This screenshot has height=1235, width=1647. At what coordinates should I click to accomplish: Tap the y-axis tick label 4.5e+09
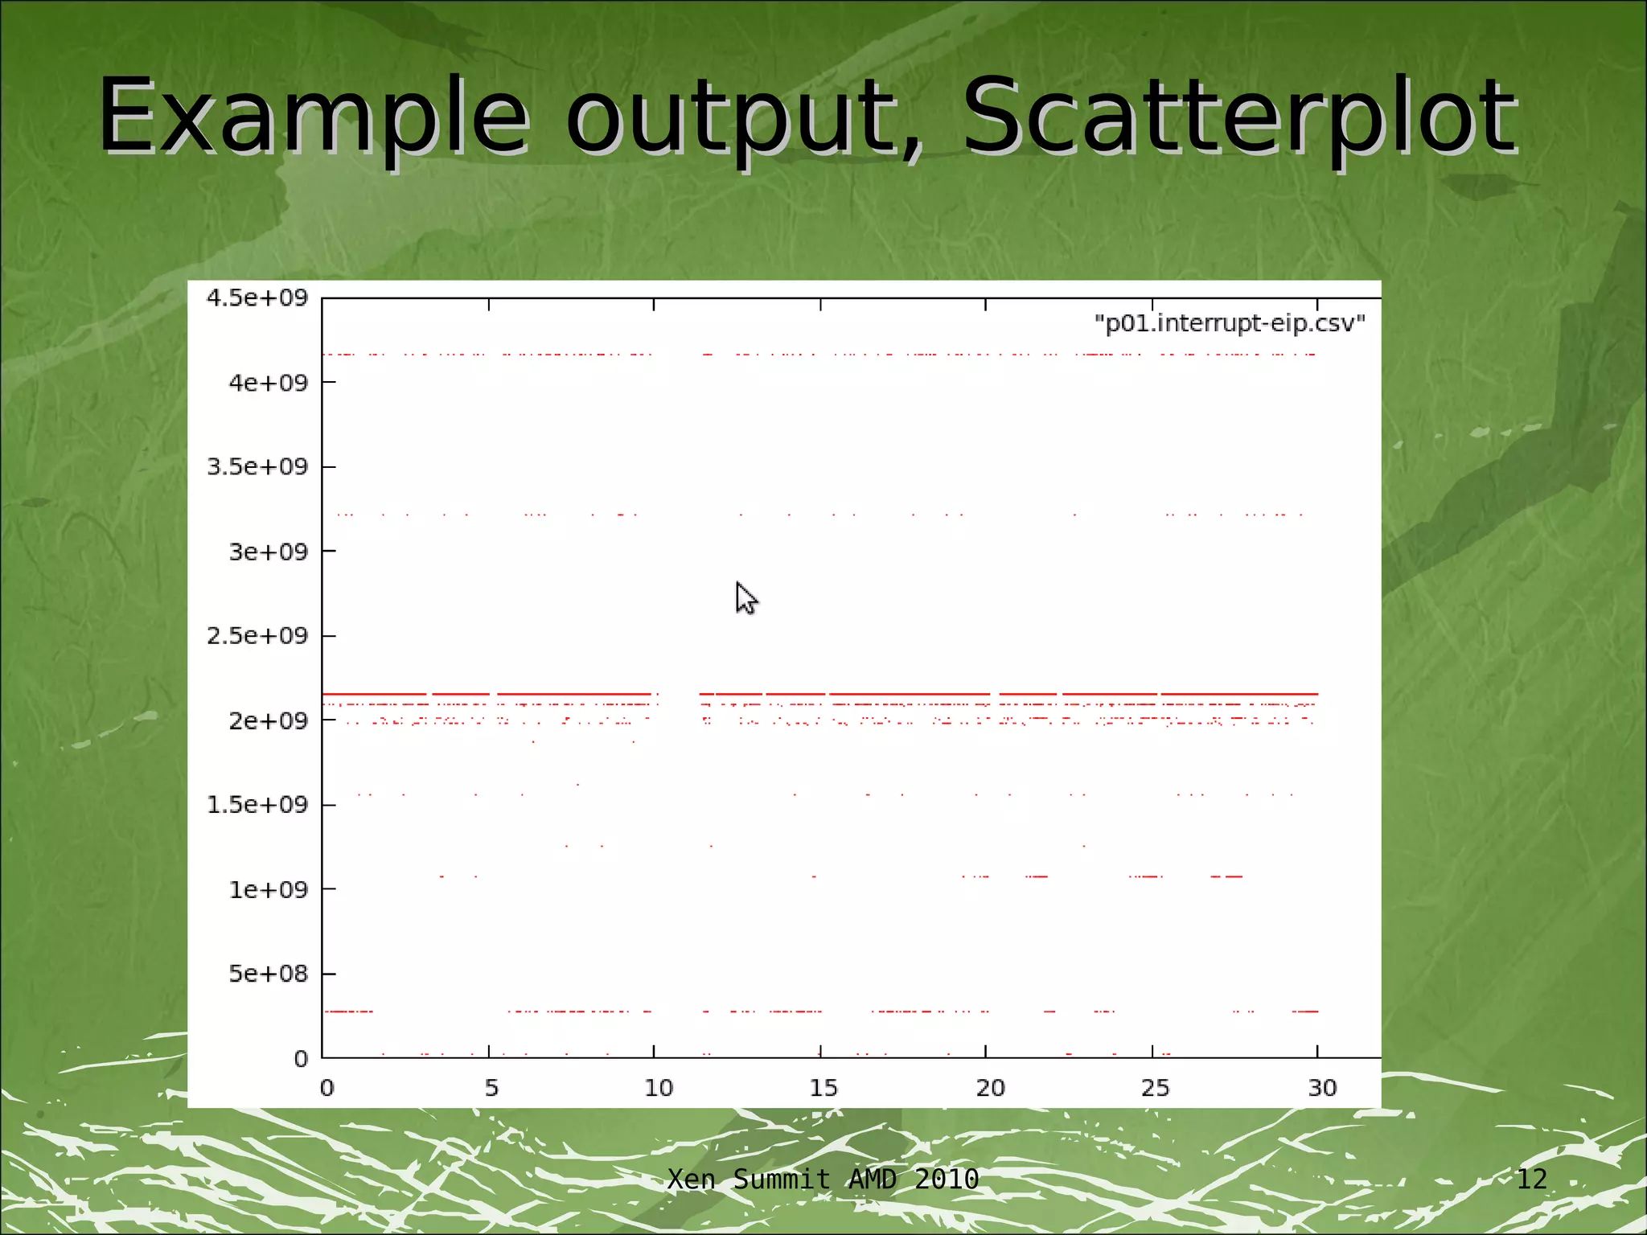[x=257, y=298]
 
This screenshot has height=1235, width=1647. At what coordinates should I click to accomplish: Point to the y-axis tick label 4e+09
[x=269, y=383]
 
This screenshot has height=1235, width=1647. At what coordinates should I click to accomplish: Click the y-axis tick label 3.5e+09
[x=257, y=467]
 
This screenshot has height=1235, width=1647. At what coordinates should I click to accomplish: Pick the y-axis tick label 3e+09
[x=269, y=552]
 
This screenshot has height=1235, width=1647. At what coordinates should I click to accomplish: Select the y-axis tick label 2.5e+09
[x=257, y=636]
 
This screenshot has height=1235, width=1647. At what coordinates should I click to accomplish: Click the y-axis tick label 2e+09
[x=269, y=720]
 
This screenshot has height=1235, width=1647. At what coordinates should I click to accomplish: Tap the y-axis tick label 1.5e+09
[x=257, y=805]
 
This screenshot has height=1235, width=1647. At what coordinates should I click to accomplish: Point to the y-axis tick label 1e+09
[x=269, y=889]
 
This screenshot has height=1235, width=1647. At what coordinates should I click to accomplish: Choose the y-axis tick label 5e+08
[x=269, y=974]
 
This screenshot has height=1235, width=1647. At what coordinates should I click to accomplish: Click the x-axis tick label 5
[x=491, y=1088]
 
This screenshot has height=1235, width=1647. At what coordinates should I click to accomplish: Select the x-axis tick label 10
[x=659, y=1088]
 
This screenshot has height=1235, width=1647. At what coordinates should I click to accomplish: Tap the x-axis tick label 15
[x=823, y=1088]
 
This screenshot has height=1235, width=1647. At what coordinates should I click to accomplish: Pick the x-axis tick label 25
[x=1156, y=1088]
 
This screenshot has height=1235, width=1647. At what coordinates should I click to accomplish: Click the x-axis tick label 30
[x=1322, y=1088]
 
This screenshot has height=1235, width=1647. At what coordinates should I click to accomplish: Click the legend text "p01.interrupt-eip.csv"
[x=1230, y=323]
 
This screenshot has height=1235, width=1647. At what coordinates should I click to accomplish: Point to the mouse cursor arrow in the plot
[x=745, y=598]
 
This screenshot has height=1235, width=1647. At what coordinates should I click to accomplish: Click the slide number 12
[x=1531, y=1179]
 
